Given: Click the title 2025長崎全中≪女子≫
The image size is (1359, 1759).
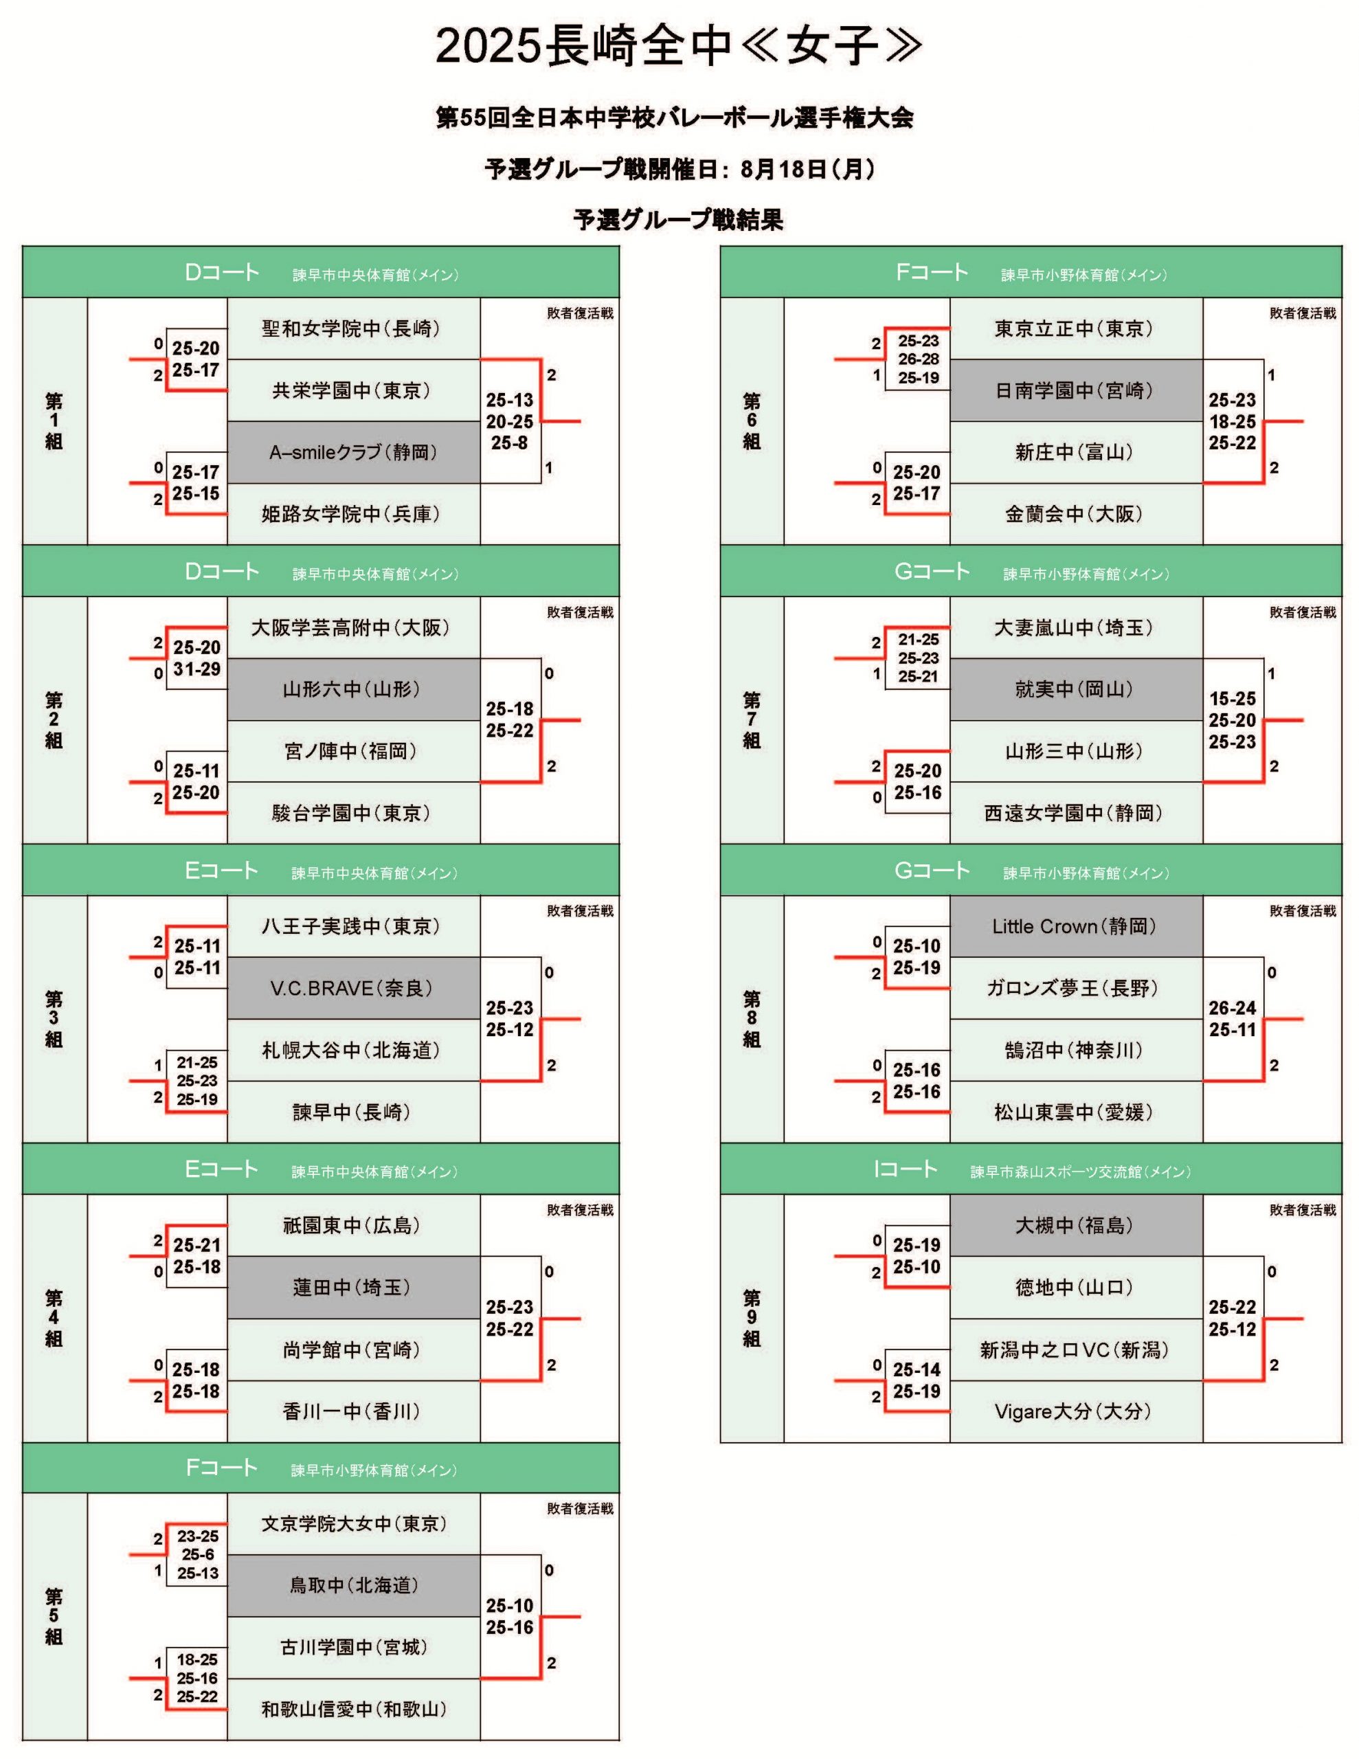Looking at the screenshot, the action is pos(678,46).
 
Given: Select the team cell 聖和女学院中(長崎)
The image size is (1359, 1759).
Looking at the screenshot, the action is pos(350,328).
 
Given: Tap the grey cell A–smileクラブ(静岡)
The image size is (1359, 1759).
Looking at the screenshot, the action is pos(353,453).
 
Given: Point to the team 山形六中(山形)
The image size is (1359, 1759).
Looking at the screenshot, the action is pos(351,689).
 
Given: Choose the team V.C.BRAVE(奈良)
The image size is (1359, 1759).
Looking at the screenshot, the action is pos(351,988).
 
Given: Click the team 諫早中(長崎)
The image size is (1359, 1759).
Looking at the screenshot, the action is pos(351,1112).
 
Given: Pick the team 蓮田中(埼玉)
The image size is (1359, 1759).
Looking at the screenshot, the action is pos(351,1287).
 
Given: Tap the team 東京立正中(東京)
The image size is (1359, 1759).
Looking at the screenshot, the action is pos(1074,328).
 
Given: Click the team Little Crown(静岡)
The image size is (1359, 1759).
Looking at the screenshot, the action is pos(1074,926).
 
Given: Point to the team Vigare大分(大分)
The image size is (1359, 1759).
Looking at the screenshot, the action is pos(1073,1411).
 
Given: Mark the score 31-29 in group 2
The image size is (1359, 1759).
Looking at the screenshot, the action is pos(196,669).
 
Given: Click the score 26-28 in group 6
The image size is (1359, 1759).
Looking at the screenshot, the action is pos(919,359).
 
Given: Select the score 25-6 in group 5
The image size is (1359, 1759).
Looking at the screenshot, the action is pos(197,1554).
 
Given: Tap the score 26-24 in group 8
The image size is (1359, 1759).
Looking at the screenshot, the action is pos(1233,1007).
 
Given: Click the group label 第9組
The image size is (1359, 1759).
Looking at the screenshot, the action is pos(751,1318).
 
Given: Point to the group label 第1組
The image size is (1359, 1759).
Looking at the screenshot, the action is pos(54,421).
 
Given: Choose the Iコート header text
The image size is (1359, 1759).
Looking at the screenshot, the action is pos(906,1169).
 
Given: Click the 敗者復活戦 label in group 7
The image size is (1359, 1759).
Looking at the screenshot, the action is pos(1303,612).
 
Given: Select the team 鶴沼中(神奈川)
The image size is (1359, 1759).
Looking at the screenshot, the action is pos(1074,1050).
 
